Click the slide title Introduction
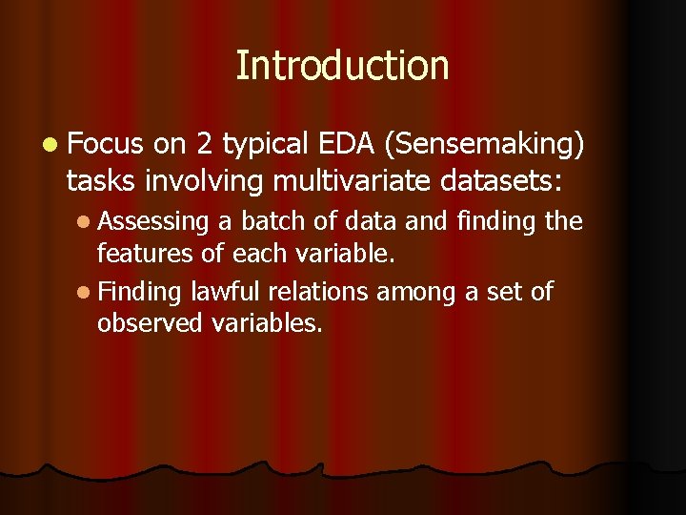tap(342, 66)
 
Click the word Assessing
tap(152, 222)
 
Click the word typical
tap(262, 145)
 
